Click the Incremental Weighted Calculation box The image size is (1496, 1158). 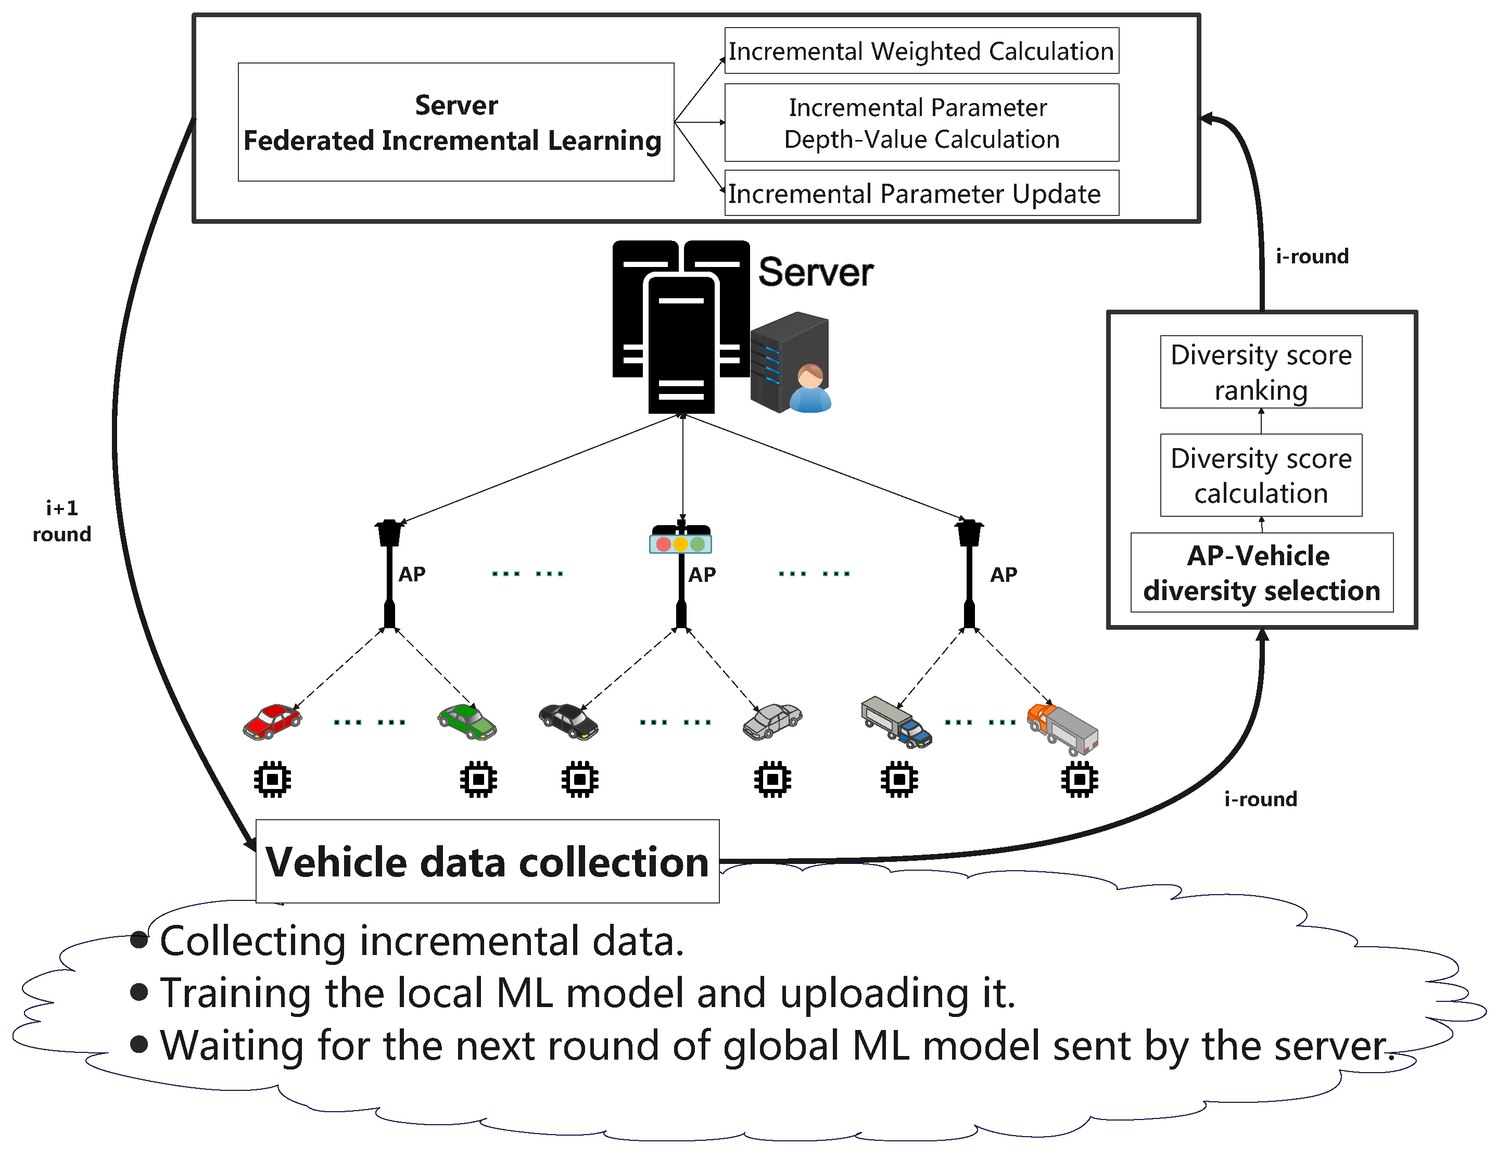coord(921,50)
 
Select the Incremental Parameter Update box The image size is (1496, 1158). coord(921,193)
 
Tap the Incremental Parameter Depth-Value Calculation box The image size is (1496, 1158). coord(921,123)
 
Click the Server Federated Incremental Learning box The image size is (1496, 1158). coord(455,122)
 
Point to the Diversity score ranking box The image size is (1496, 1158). coord(1261,372)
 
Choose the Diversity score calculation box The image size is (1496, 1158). coord(1261,475)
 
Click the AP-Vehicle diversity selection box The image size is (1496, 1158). coord(1262,572)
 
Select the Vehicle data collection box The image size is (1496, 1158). coord(487,861)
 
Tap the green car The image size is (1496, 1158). coord(467,722)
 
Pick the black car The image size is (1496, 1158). coord(568,722)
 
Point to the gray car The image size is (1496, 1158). coord(772,722)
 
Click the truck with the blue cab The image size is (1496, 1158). coord(896,722)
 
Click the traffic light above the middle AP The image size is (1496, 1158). coord(681,540)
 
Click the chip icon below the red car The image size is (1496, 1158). coord(273,779)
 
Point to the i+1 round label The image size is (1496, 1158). coord(61,521)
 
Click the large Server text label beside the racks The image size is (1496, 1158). coord(815,273)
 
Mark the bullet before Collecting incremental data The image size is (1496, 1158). coord(139,940)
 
